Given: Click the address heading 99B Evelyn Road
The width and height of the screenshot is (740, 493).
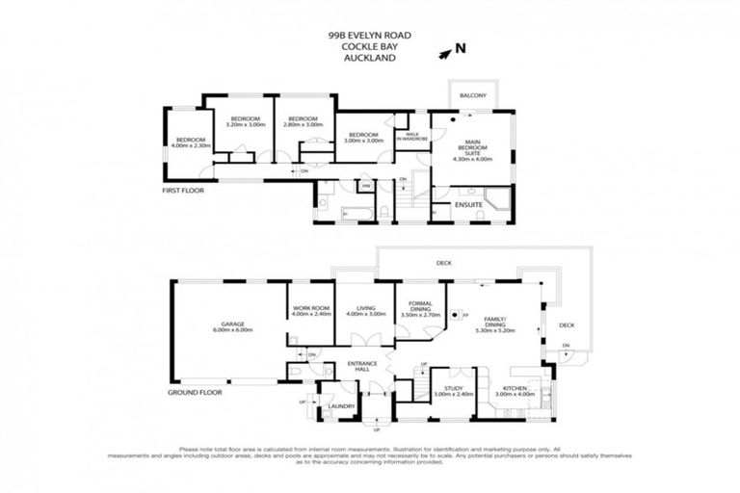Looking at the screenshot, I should (x=369, y=35).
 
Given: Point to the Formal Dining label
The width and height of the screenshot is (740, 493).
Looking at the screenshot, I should (x=420, y=309).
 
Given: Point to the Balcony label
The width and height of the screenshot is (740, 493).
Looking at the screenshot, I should (x=472, y=96).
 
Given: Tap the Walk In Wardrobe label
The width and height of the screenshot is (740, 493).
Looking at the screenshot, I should (x=411, y=137).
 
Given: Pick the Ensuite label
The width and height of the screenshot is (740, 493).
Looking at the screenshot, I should (x=466, y=204).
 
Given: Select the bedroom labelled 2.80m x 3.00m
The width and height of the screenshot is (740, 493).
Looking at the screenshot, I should (x=302, y=121).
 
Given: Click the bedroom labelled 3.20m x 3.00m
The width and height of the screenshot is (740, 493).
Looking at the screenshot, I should (x=244, y=121).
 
